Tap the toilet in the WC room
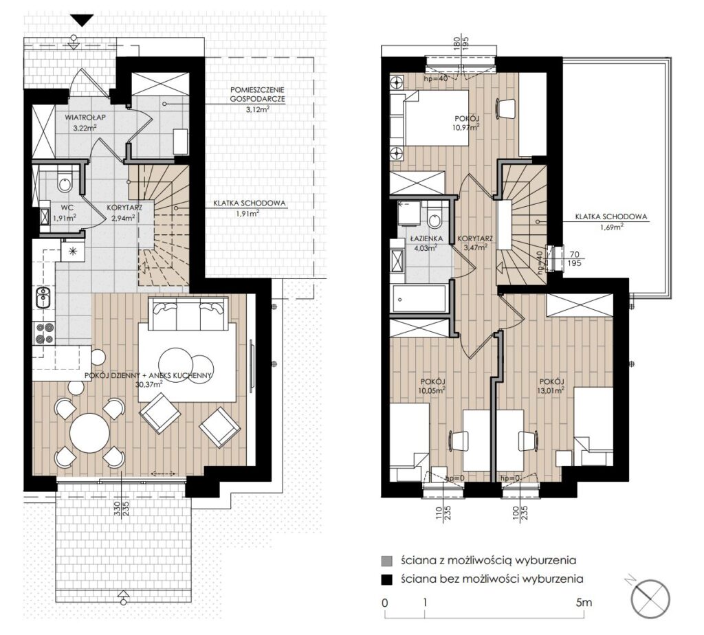point(65,179)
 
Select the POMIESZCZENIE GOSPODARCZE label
point(257,94)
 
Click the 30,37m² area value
point(148,384)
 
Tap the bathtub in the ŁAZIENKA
point(419,298)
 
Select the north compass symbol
point(650,599)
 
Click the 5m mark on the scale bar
point(584,602)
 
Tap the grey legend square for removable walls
point(386,561)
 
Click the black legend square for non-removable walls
point(386,579)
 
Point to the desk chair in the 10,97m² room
point(505,108)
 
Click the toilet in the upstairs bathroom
point(434,216)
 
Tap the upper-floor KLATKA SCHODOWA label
point(611,216)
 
